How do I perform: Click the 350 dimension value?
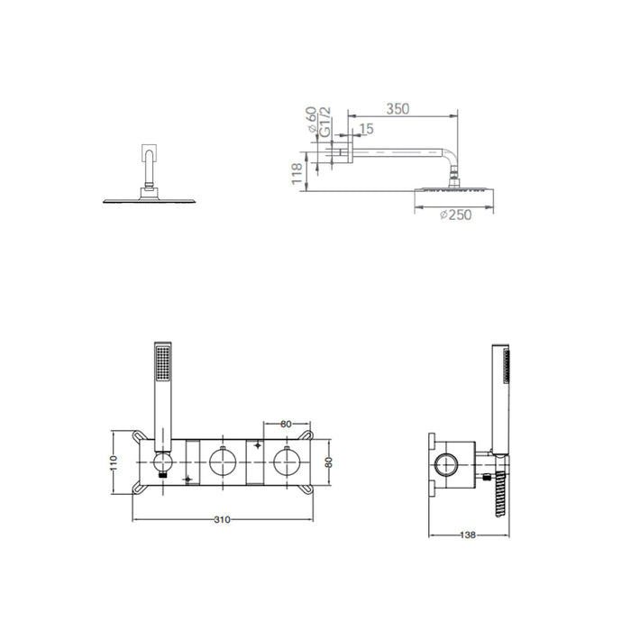(x=398, y=109)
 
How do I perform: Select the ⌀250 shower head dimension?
(x=455, y=215)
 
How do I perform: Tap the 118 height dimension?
(x=297, y=173)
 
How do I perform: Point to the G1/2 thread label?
(x=325, y=122)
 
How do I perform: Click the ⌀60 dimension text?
(x=312, y=120)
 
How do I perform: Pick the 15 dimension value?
(x=366, y=129)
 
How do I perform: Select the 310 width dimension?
(x=222, y=519)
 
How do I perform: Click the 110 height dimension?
(x=114, y=462)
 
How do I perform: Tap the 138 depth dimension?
(x=468, y=535)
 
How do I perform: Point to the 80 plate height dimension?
(x=329, y=462)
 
